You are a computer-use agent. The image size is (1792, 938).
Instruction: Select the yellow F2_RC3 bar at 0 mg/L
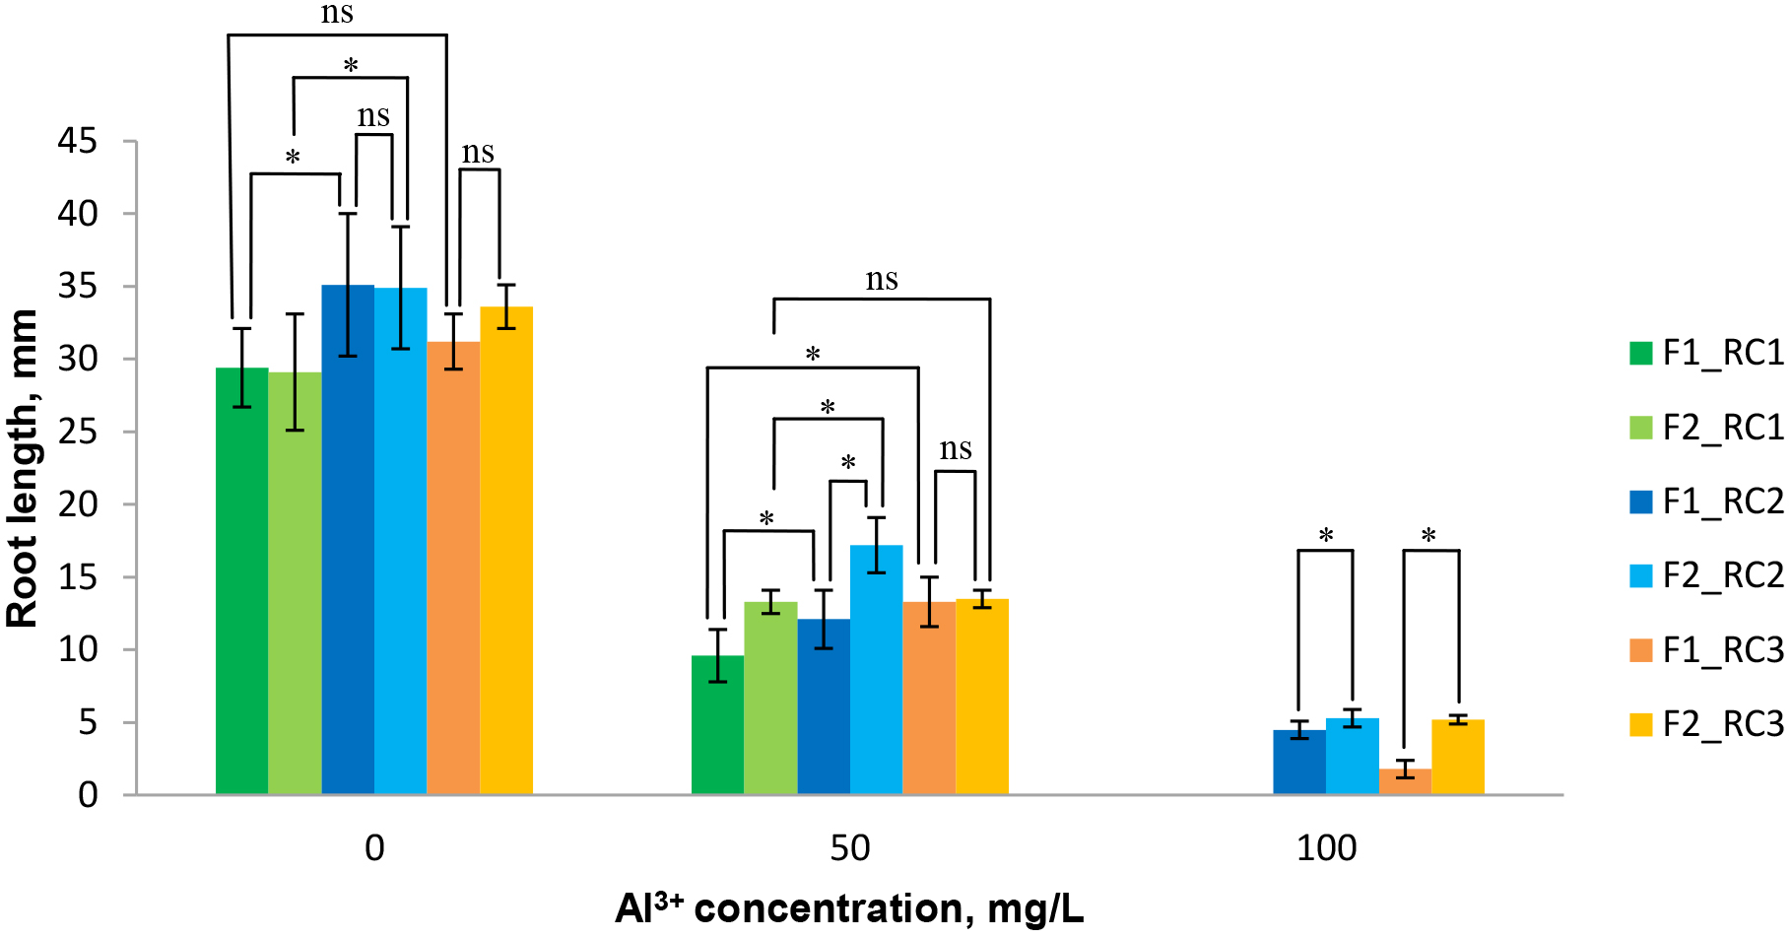tap(506, 552)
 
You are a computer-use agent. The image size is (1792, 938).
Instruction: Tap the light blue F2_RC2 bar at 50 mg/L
tap(876, 670)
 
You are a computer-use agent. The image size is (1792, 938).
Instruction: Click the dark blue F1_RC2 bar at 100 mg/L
tap(1298, 763)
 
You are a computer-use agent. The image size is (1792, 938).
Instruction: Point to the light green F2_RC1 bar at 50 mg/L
tap(770, 699)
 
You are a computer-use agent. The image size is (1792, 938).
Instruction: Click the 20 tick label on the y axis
tap(78, 504)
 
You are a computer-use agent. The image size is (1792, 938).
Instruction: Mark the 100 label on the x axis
tap(1326, 848)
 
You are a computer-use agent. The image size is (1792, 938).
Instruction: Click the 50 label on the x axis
tap(849, 848)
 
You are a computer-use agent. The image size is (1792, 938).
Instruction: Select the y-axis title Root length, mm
tap(22, 468)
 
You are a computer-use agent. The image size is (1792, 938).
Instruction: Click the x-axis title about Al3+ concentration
tap(849, 907)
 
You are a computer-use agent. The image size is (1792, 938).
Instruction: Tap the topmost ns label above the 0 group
tap(337, 13)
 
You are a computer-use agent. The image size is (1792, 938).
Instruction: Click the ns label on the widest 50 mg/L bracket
tap(882, 280)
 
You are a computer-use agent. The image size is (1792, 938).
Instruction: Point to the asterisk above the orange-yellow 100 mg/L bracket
tap(1428, 537)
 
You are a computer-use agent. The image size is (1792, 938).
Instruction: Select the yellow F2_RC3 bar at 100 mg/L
tap(1457, 758)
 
